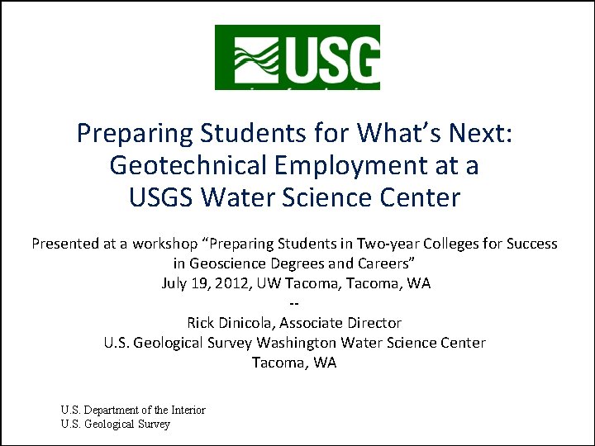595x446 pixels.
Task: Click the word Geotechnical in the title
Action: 187,165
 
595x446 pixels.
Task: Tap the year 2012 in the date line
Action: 228,283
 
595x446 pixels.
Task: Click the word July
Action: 175,283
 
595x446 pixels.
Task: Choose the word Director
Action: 373,323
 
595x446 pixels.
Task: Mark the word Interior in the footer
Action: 187,410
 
